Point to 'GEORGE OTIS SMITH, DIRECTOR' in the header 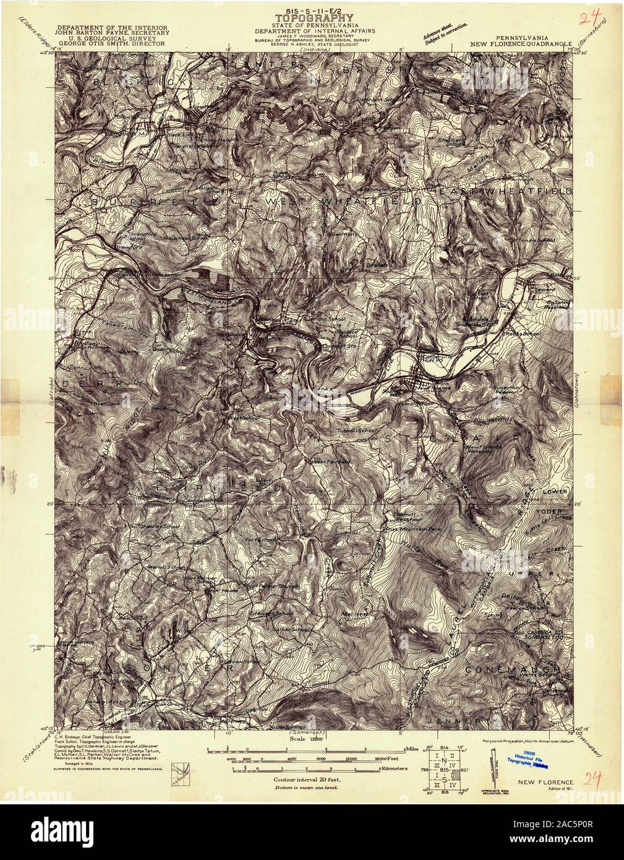pyautogui.click(x=109, y=45)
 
